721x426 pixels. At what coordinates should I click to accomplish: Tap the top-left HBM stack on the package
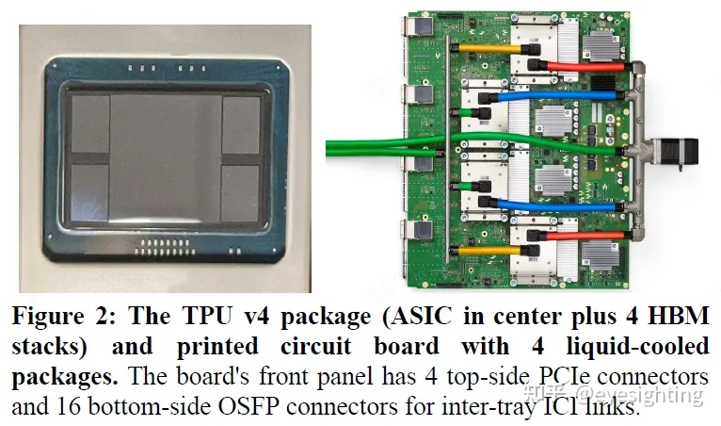pyautogui.click(x=91, y=123)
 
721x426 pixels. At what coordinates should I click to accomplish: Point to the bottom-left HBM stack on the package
pyautogui.click(x=91, y=193)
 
